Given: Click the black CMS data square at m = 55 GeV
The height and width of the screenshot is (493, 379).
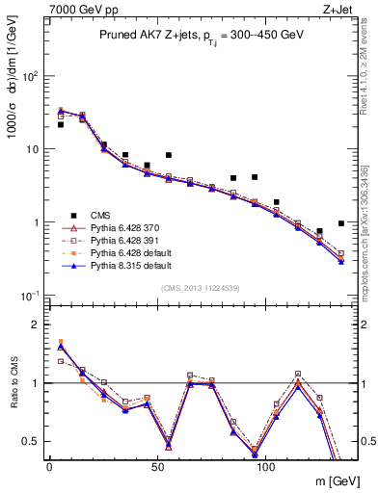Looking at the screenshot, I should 169,154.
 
